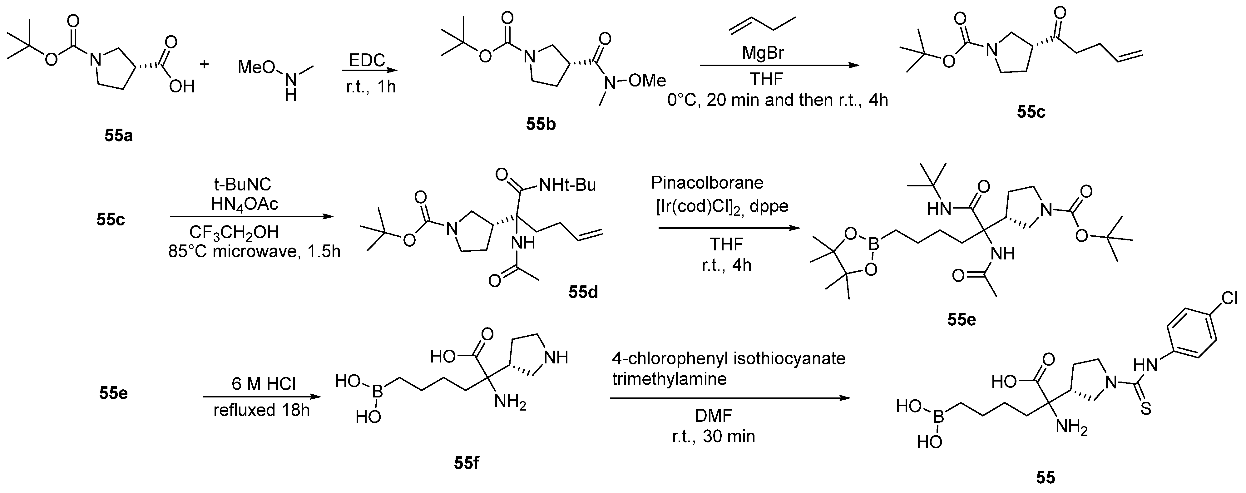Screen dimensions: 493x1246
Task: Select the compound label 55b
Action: tap(541, 124)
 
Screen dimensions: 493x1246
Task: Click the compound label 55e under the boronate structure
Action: tap(962, 319)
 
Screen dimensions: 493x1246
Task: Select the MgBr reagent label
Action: tap(763, 53)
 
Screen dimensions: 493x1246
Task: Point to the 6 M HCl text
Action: tap(263, 384)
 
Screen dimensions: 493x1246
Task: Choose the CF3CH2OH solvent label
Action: tap(234, 233)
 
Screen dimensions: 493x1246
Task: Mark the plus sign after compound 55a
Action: tap(205, 63)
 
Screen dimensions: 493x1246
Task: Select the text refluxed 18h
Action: tap(261, 410)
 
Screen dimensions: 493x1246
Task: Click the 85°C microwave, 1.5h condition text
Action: tap(255, 252)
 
